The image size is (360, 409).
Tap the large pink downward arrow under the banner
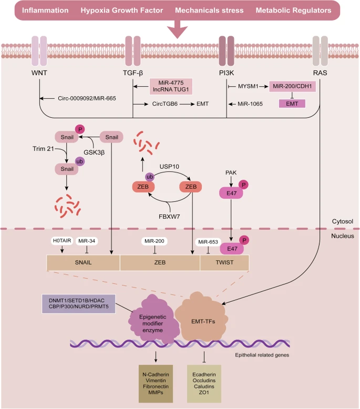point(180,29)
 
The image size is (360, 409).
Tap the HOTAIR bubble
point(61,241)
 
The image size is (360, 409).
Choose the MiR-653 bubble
point(206,241)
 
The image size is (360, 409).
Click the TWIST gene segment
point(224,263)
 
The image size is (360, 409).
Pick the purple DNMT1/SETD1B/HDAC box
point(78,303)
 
